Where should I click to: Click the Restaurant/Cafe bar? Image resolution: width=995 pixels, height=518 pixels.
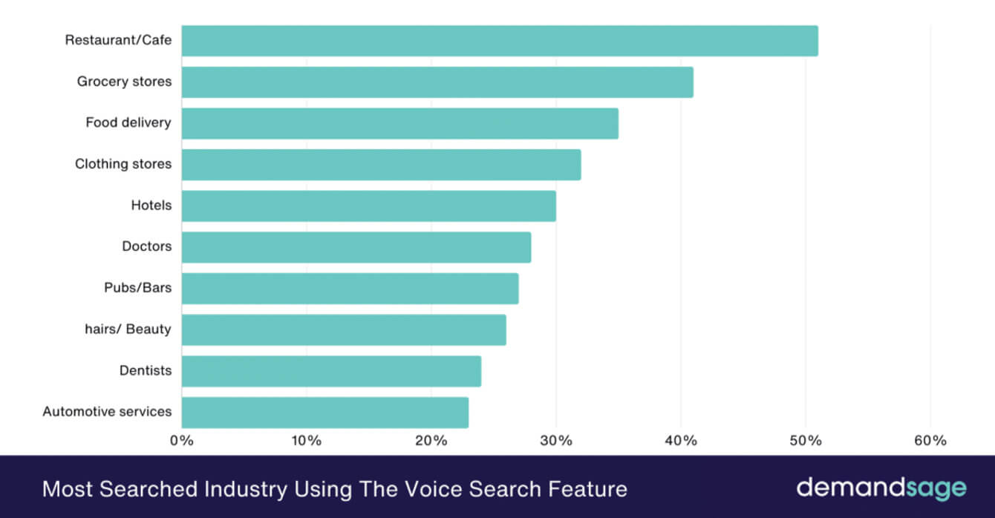click(x=499, y=41)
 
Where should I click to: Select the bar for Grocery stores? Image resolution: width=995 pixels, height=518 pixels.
click(x=437, y=82)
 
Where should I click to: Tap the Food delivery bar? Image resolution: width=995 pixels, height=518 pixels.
click(x=399, y=123)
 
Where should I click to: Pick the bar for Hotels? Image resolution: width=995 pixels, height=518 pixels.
click(x=368, y=206)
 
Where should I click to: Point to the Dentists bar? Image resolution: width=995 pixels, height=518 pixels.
click(x=331, y=371)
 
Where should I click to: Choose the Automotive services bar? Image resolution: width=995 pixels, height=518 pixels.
click(x=324, y=412)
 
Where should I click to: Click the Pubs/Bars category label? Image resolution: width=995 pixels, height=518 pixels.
click(x=137, y=287)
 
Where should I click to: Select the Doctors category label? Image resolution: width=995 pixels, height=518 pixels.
click(x=146, y=246)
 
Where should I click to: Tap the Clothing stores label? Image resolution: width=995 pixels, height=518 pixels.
click(x=123, y=164)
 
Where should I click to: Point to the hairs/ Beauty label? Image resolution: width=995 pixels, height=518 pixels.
click(x=128, y=329)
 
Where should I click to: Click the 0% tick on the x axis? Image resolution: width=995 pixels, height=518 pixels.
click(x=182, y=440)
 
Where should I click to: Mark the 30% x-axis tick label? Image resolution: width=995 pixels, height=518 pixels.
click(x=556, y=440)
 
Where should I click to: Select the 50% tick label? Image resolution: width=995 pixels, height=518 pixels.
click(x=806, y=440)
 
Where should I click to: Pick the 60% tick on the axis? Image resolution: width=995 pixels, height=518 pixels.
click(x=930, y=440)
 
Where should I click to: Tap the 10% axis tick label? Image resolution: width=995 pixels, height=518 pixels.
click(x=307, y=440)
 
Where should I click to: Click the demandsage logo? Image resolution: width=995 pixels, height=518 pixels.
click(x=881, y=488)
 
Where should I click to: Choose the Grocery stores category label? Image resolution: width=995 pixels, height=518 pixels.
click(x=124, y=82)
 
